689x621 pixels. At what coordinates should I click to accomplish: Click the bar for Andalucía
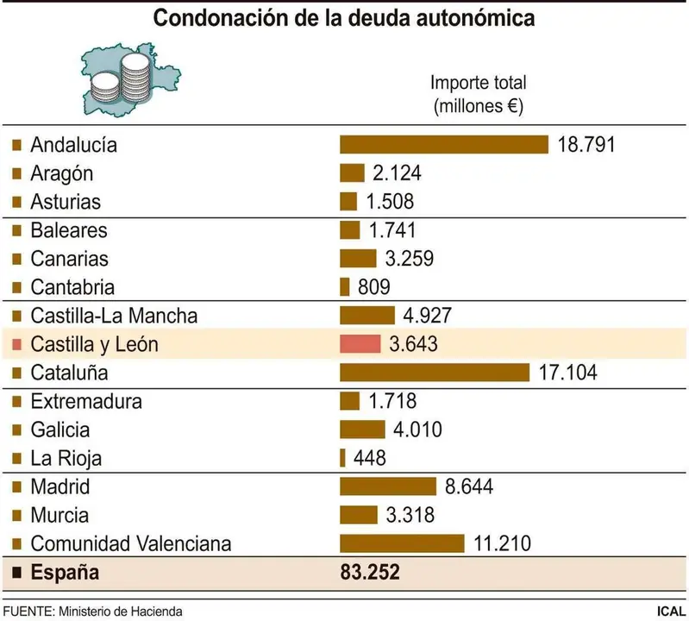(444, 144)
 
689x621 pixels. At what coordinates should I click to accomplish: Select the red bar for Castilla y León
(361, 344)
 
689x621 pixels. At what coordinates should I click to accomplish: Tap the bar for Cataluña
(434, 373)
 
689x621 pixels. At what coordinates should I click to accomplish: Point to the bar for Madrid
(388, 486)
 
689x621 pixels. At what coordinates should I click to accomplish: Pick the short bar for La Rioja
(342, 458)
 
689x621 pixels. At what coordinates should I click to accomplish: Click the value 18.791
(586, 144)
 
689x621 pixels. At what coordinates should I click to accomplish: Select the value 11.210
(502, 543)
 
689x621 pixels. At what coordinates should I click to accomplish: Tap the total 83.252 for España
(371, 572)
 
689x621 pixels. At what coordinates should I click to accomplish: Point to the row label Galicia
(60, 430)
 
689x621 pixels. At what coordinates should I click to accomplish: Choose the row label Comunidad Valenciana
(130, 543)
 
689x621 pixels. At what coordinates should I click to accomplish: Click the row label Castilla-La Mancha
(113, 316)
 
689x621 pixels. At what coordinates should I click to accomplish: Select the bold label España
(65, 572)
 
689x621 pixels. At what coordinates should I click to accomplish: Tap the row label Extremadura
(86, 401)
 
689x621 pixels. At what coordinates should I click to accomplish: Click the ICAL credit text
(670, 611)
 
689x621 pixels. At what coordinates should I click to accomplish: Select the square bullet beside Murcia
(16, 516)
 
